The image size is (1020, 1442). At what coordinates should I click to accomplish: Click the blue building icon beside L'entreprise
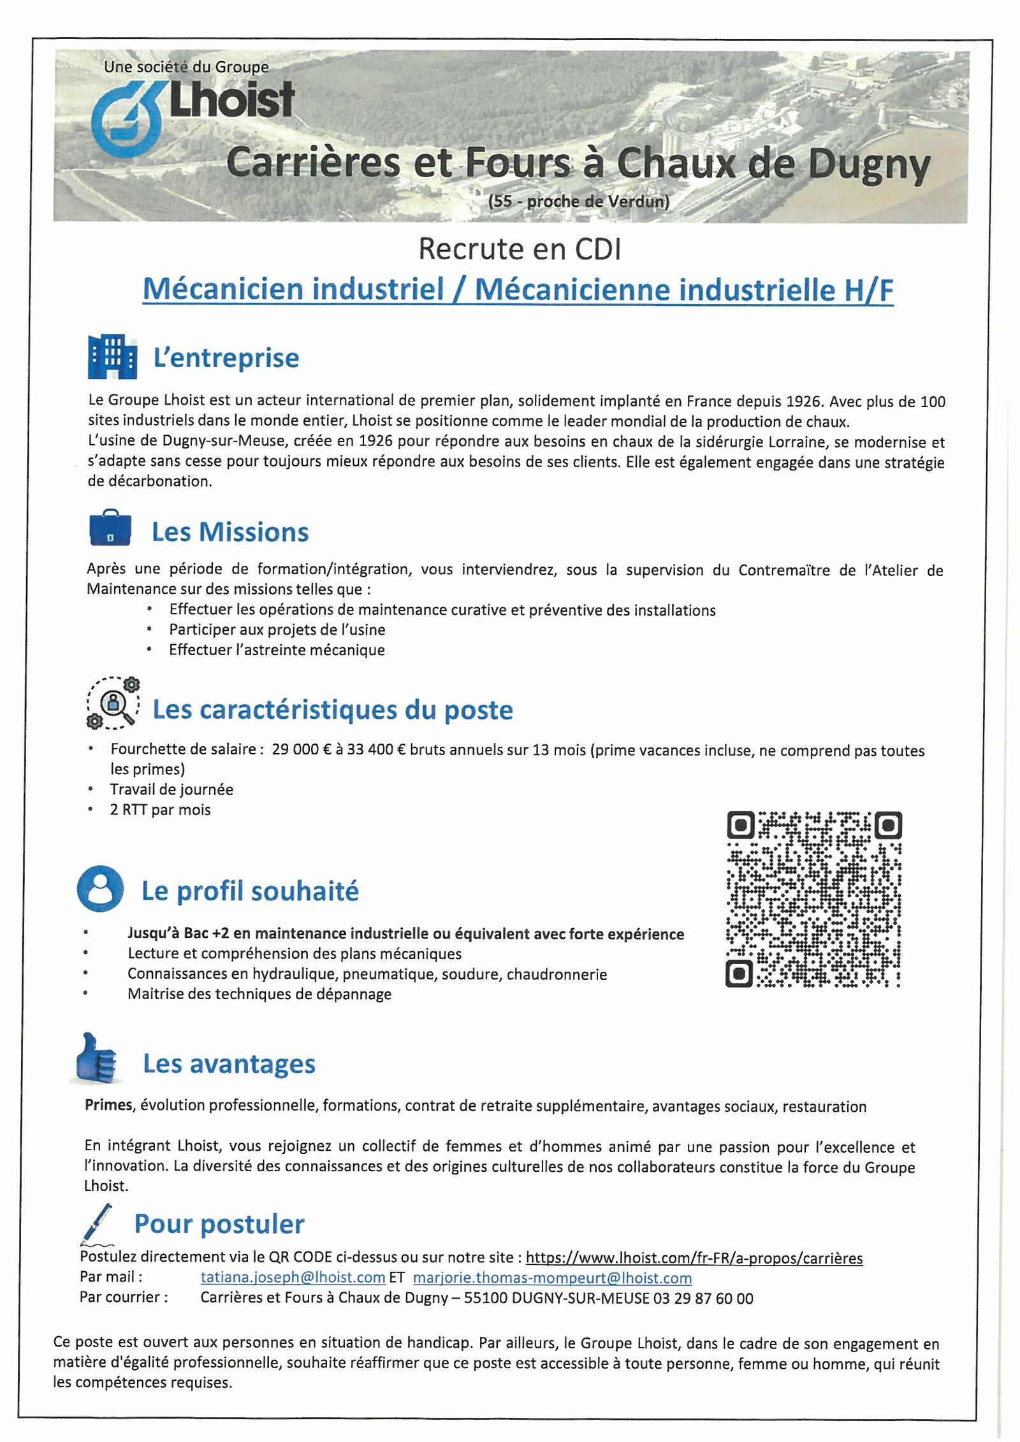click(112, 356)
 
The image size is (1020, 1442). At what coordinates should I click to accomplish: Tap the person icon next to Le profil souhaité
click(100, 888)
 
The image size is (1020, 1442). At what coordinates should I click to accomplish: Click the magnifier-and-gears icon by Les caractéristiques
click(113, 703)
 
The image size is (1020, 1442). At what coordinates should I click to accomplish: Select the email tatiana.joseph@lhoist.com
click(293, 1278)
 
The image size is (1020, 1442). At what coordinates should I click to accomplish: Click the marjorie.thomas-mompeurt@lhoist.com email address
click(552, 1278)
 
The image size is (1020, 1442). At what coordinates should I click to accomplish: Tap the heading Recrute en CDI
click(520, 249)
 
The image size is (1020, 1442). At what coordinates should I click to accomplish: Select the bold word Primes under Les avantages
click(108, 1105)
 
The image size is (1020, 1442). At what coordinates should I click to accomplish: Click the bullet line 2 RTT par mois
click(160, 809)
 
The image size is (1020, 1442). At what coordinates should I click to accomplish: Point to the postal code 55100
click(484, 1298)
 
